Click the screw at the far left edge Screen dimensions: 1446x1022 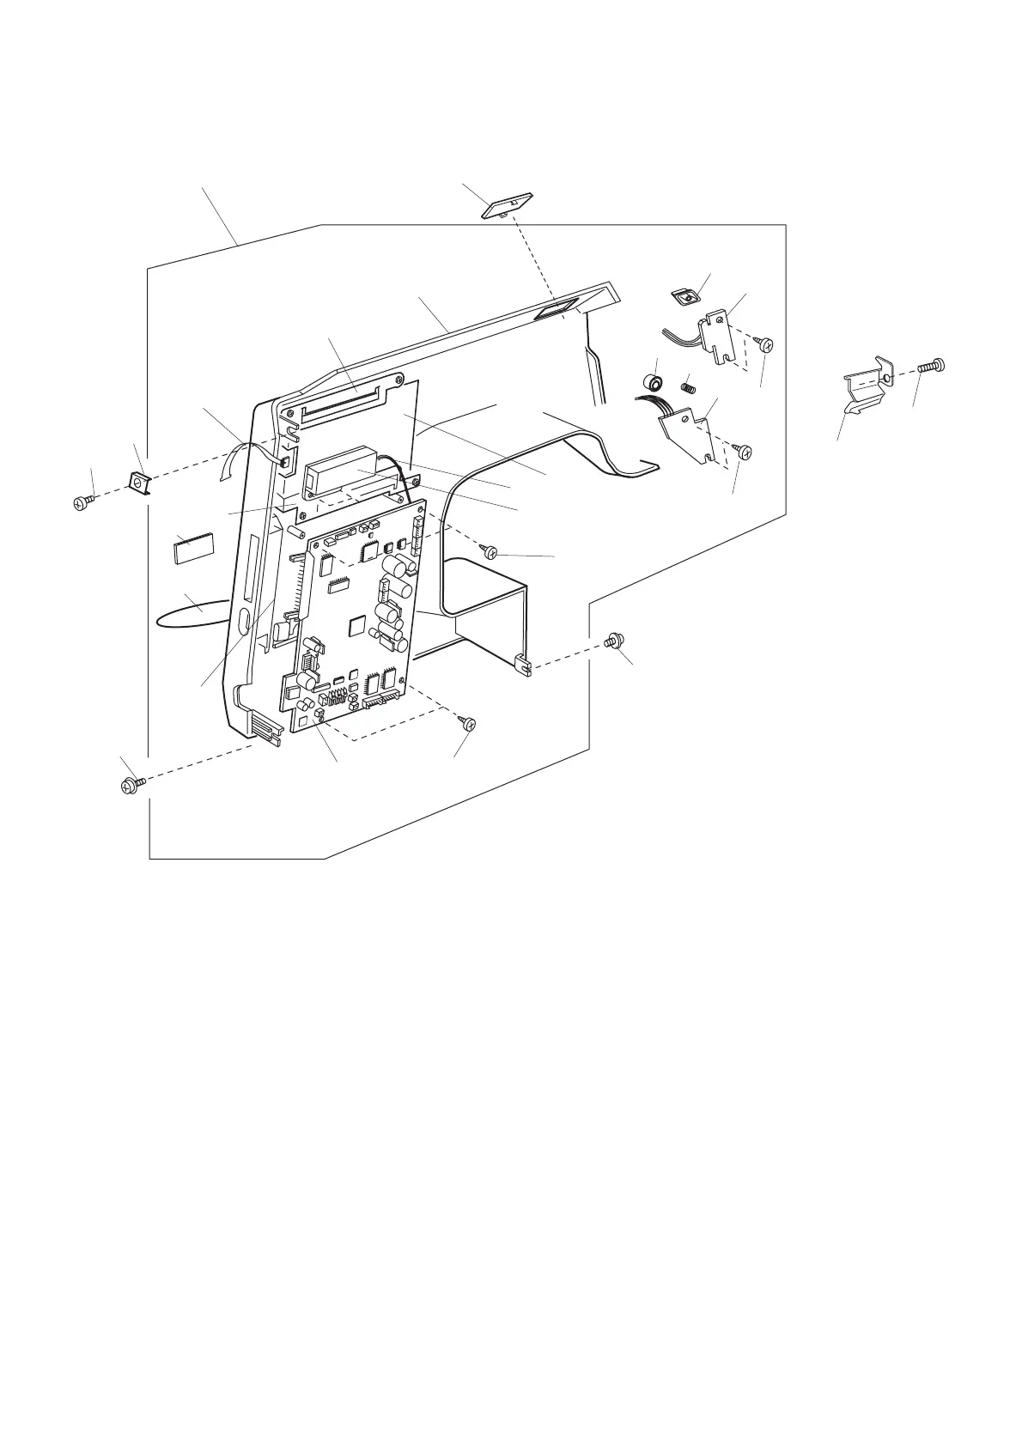[82, 503]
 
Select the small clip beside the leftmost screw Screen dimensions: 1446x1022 [138, 484]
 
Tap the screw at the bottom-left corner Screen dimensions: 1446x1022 [131, 783]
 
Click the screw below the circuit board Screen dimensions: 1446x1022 [467, 723]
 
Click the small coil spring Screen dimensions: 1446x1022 [688, 389]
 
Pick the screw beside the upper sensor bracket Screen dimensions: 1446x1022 [764, 344]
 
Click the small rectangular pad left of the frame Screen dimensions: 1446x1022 [191, 549]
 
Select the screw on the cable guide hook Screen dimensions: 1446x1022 [613, 641]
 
